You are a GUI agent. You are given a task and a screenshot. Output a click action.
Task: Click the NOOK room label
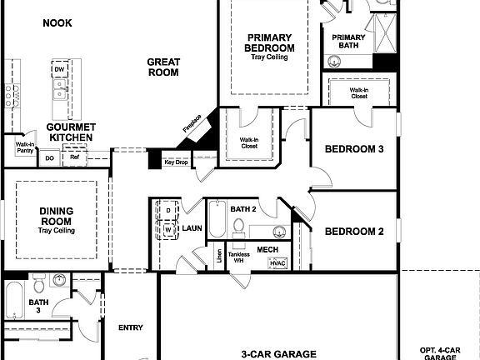point(57,23)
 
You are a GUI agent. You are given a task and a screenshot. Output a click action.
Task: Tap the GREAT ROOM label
point(163,67)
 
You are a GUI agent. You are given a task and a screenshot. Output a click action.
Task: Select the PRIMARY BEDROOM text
point(269,42)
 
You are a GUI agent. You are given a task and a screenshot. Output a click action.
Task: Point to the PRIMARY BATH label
point(348,41)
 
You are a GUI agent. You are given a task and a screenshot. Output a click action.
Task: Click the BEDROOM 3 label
point(353,149)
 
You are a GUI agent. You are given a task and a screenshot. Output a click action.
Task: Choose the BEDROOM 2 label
point(353,231)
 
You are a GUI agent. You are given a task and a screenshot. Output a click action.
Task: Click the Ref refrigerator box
point(74,156)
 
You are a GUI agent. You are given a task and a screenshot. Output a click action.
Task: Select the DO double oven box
point(50,157)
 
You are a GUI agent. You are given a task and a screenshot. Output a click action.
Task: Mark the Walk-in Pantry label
point(25,147)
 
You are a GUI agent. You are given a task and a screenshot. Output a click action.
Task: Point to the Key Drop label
point(175,162)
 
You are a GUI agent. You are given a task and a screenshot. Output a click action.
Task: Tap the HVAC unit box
point(277,262)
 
